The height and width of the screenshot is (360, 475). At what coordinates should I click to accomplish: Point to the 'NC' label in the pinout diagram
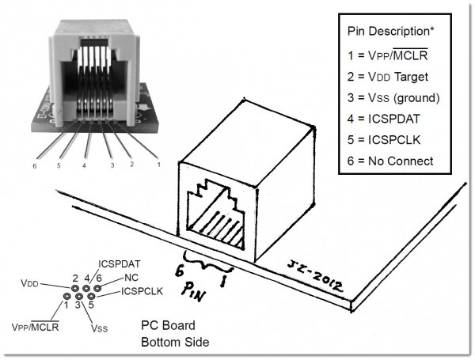click(x=131, y=279)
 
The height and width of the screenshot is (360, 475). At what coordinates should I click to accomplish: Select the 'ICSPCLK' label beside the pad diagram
click(x=142, y=292)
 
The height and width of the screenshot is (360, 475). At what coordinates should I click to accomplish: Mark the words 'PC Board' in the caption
click(x=166, y=325)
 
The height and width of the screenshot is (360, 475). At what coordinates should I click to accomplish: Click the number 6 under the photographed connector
click(x=35, y=167)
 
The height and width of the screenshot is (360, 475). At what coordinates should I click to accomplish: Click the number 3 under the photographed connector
click(x=112, y=166)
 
